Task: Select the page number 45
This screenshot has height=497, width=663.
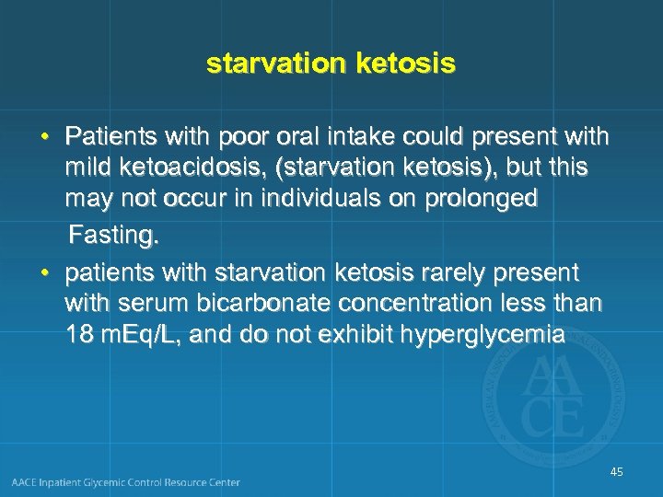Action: coord(616,472)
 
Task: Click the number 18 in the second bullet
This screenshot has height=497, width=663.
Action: coord(80,336)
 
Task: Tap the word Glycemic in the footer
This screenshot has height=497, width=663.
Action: coord(121,482)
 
